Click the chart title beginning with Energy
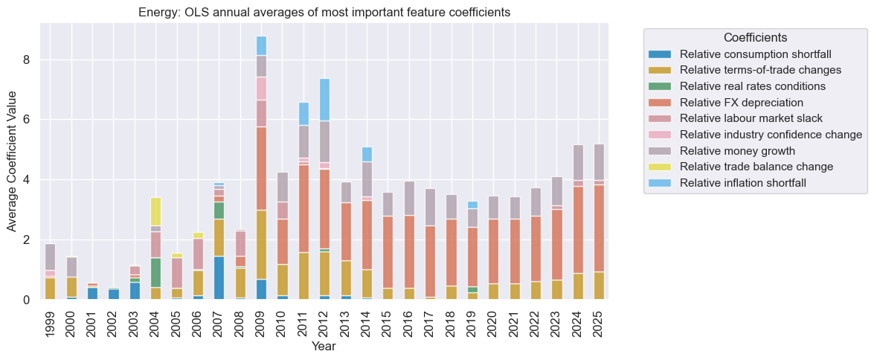[324, 13]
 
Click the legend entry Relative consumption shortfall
[756, 54]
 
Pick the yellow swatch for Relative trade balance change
[659, 166]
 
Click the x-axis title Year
[324, 347]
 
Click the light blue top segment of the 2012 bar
[324, 100]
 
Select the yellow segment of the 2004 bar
[155, 211]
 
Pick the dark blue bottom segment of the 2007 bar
[219, 277]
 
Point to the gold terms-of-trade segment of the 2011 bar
[303, 276]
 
